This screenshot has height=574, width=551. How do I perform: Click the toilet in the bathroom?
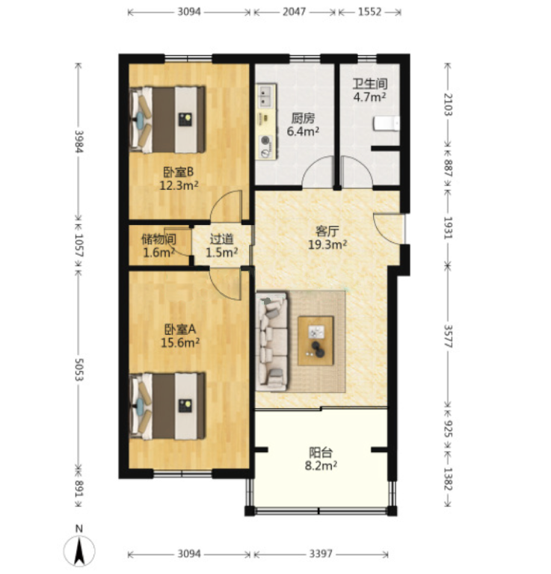pyautogui.click(x=387, y=123)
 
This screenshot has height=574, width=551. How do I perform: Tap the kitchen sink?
pyautogui.click(x=266, y=96)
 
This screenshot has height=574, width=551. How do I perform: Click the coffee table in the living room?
pyautogui.click(x=315, y=341)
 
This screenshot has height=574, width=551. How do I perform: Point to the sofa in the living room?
pyautogui.click(x=272, y=341)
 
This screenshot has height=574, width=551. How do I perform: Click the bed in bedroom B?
pyautogui.click(x=167, y=120)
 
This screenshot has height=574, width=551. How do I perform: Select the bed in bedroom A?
pyautogui.click(x=167, y=406)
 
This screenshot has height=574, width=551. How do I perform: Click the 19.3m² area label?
pyautogui.click(x=327, y=244)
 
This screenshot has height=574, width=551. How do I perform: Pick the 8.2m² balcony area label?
pyautogui.click(x=321, y=466)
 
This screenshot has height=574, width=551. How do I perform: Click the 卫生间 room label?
pyautogui.click(x=370, y=84)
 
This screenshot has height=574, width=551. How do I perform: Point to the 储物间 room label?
pyautogui.click(x=159, y=239)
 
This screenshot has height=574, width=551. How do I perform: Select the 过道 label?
pyautogui.click(x=221, y=239)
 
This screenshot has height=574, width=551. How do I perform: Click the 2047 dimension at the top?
pyautogui.click(x=294, y=12)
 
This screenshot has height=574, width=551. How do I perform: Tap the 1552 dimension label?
pyautogui.click(x=369, y=12)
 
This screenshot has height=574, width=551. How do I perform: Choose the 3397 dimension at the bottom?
pyautogui.click(x=321, y=553)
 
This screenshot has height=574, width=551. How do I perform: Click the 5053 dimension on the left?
pyautogui.click(x=79, y=370)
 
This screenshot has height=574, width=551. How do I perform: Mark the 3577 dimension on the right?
pyautogui.click(x=448, y=336)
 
